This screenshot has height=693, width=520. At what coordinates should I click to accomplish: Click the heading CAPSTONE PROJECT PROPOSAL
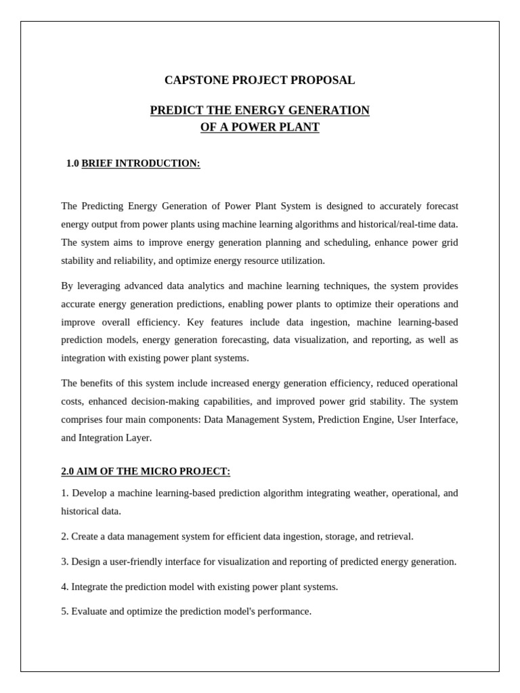(259, 81)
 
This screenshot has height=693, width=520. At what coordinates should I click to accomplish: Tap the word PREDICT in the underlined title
(175, 110)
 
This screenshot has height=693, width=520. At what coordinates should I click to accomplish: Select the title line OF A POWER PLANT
(259, 127)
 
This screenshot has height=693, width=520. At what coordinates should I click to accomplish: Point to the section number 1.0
(72, 164)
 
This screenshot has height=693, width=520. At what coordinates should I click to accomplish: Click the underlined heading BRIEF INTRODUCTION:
(141, 164)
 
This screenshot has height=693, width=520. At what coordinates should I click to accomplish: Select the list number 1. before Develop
(65, 493)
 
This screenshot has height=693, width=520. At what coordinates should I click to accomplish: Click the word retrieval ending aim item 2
(394, 537)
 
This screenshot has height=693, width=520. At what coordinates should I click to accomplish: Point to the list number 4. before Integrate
(65, 587)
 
